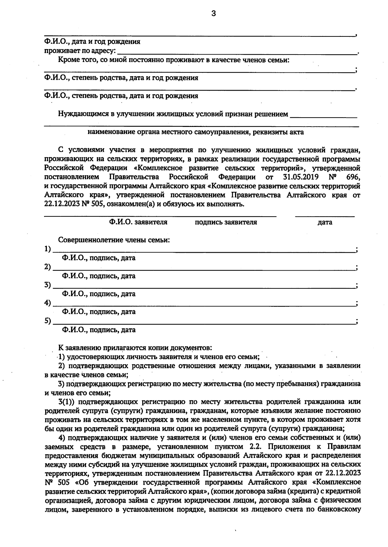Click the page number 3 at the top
(x=213, y=14)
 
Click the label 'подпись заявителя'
(x=226, y=222)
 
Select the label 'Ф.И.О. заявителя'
(x=138, y=222)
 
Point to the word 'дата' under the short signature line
(x=325, y=222)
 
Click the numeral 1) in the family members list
(x=48, y=249)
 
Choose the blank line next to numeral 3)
(x=204, y=286)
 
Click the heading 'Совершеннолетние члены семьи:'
(x=114, y=240)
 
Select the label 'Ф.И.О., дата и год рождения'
(x=92, y=42)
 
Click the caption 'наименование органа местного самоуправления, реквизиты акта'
(x=196, y=132)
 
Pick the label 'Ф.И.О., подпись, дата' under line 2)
(x=99, y=276)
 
